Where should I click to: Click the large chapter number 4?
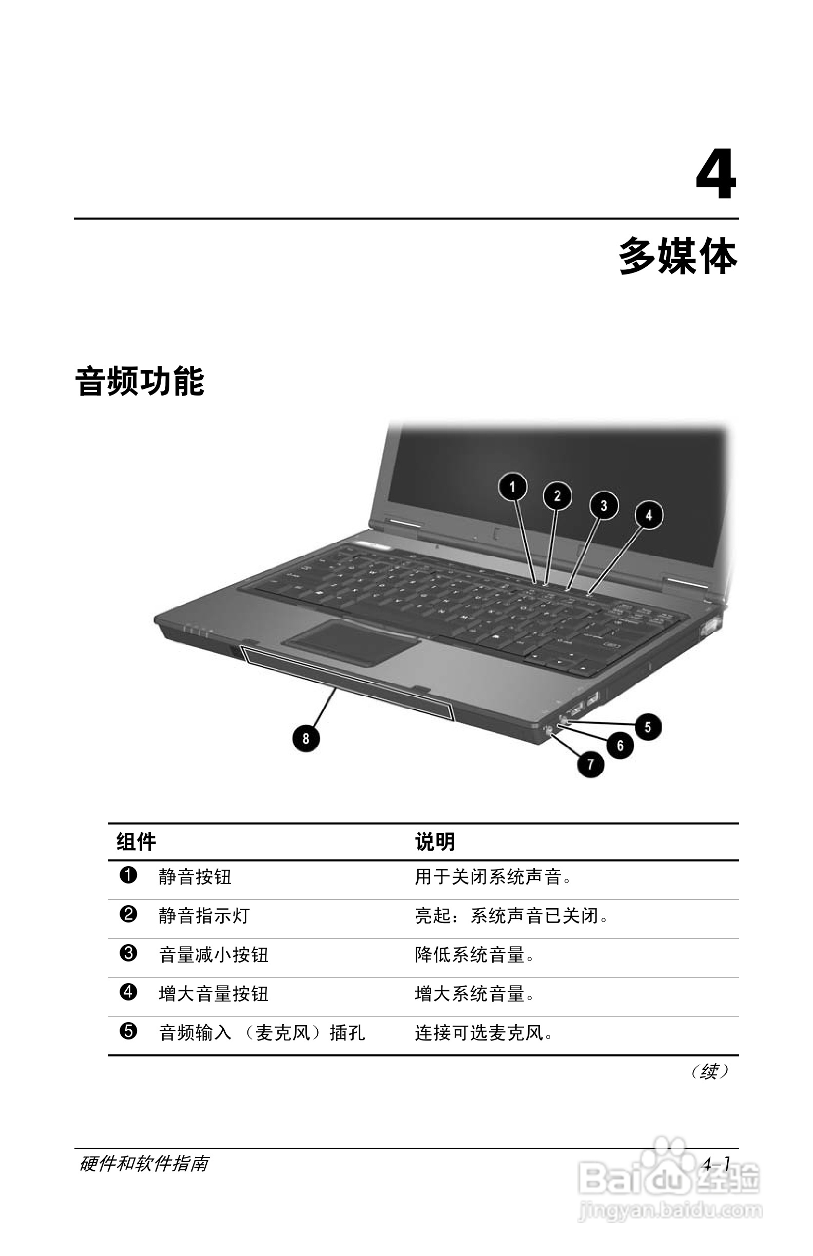point(716,174)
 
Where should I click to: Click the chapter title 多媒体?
point(678,256)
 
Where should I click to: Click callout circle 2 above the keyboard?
point(557,496)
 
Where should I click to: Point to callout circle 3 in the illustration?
point(604,505)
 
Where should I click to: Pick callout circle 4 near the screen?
point(649,515)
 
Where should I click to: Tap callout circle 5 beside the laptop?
point(648,727)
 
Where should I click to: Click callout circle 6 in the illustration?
point(620,745)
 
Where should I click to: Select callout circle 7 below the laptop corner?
point(591,763)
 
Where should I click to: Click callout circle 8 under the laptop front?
point(306,738)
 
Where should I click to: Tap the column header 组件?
point(136,842)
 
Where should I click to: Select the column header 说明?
point(435,842)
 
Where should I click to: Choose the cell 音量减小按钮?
point(214,955)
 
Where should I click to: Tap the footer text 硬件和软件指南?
point(144,1163)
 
